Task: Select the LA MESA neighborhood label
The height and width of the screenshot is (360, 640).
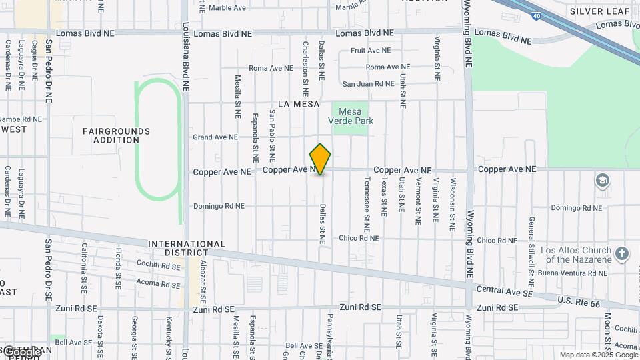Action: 294,104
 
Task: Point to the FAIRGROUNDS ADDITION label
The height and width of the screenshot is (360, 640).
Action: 117,135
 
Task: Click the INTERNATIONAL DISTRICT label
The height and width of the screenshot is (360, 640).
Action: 187,249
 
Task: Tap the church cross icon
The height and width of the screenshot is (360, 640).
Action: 622,253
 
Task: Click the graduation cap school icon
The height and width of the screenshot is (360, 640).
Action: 603,180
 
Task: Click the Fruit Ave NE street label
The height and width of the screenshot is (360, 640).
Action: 370,51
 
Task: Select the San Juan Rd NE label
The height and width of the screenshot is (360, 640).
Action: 369,84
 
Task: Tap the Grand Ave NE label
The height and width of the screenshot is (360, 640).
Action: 215,137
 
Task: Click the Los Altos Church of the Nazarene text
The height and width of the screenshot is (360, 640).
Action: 576,255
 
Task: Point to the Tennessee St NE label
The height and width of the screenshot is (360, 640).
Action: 367,195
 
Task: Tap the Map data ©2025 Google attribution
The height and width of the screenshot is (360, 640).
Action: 599,355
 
